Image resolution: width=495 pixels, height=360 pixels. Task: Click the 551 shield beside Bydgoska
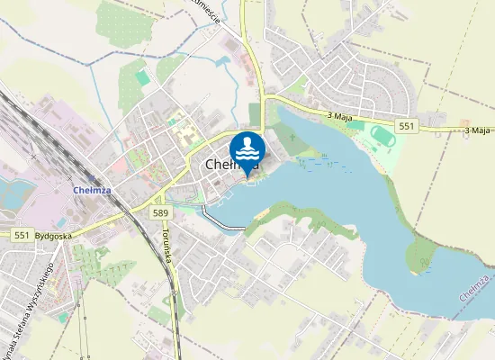[25, 235]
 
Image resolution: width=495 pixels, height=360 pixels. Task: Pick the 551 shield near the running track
[407, 127]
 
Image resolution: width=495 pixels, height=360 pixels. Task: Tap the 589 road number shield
[160, 212]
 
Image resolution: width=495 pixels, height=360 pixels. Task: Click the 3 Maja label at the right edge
[478, 130]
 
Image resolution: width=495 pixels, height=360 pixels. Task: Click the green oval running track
[382, 136]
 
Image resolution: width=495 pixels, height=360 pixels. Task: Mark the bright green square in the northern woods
[143, 78]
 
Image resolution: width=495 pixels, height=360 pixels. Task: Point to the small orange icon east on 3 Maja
[465, 123]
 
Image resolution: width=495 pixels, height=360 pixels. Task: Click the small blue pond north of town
[222, 64]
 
